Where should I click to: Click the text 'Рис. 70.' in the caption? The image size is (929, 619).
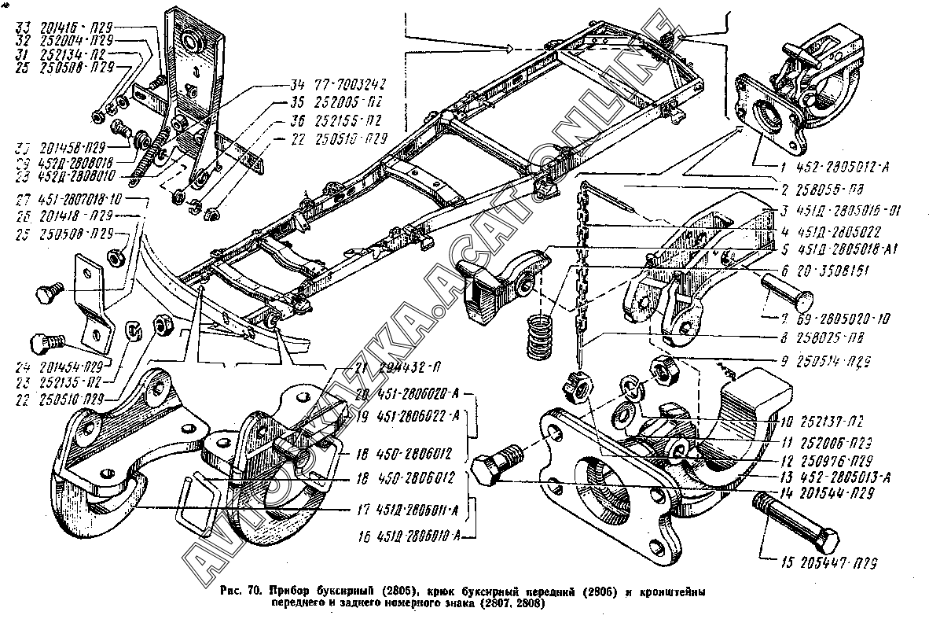(x=242, y=590)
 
